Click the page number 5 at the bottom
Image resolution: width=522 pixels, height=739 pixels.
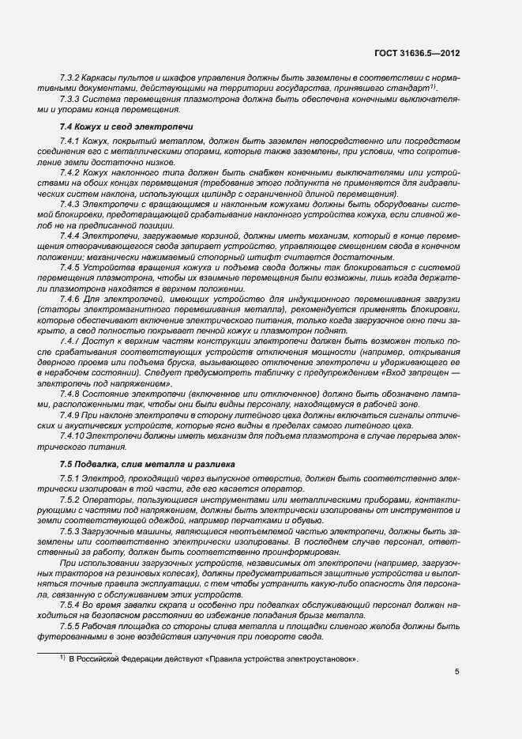coord(457,671)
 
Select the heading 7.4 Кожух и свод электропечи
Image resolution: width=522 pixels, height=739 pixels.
coord(126,126)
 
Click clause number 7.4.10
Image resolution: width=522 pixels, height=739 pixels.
coord(75,435)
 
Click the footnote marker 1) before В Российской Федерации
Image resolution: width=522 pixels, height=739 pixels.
coord(62,658)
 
